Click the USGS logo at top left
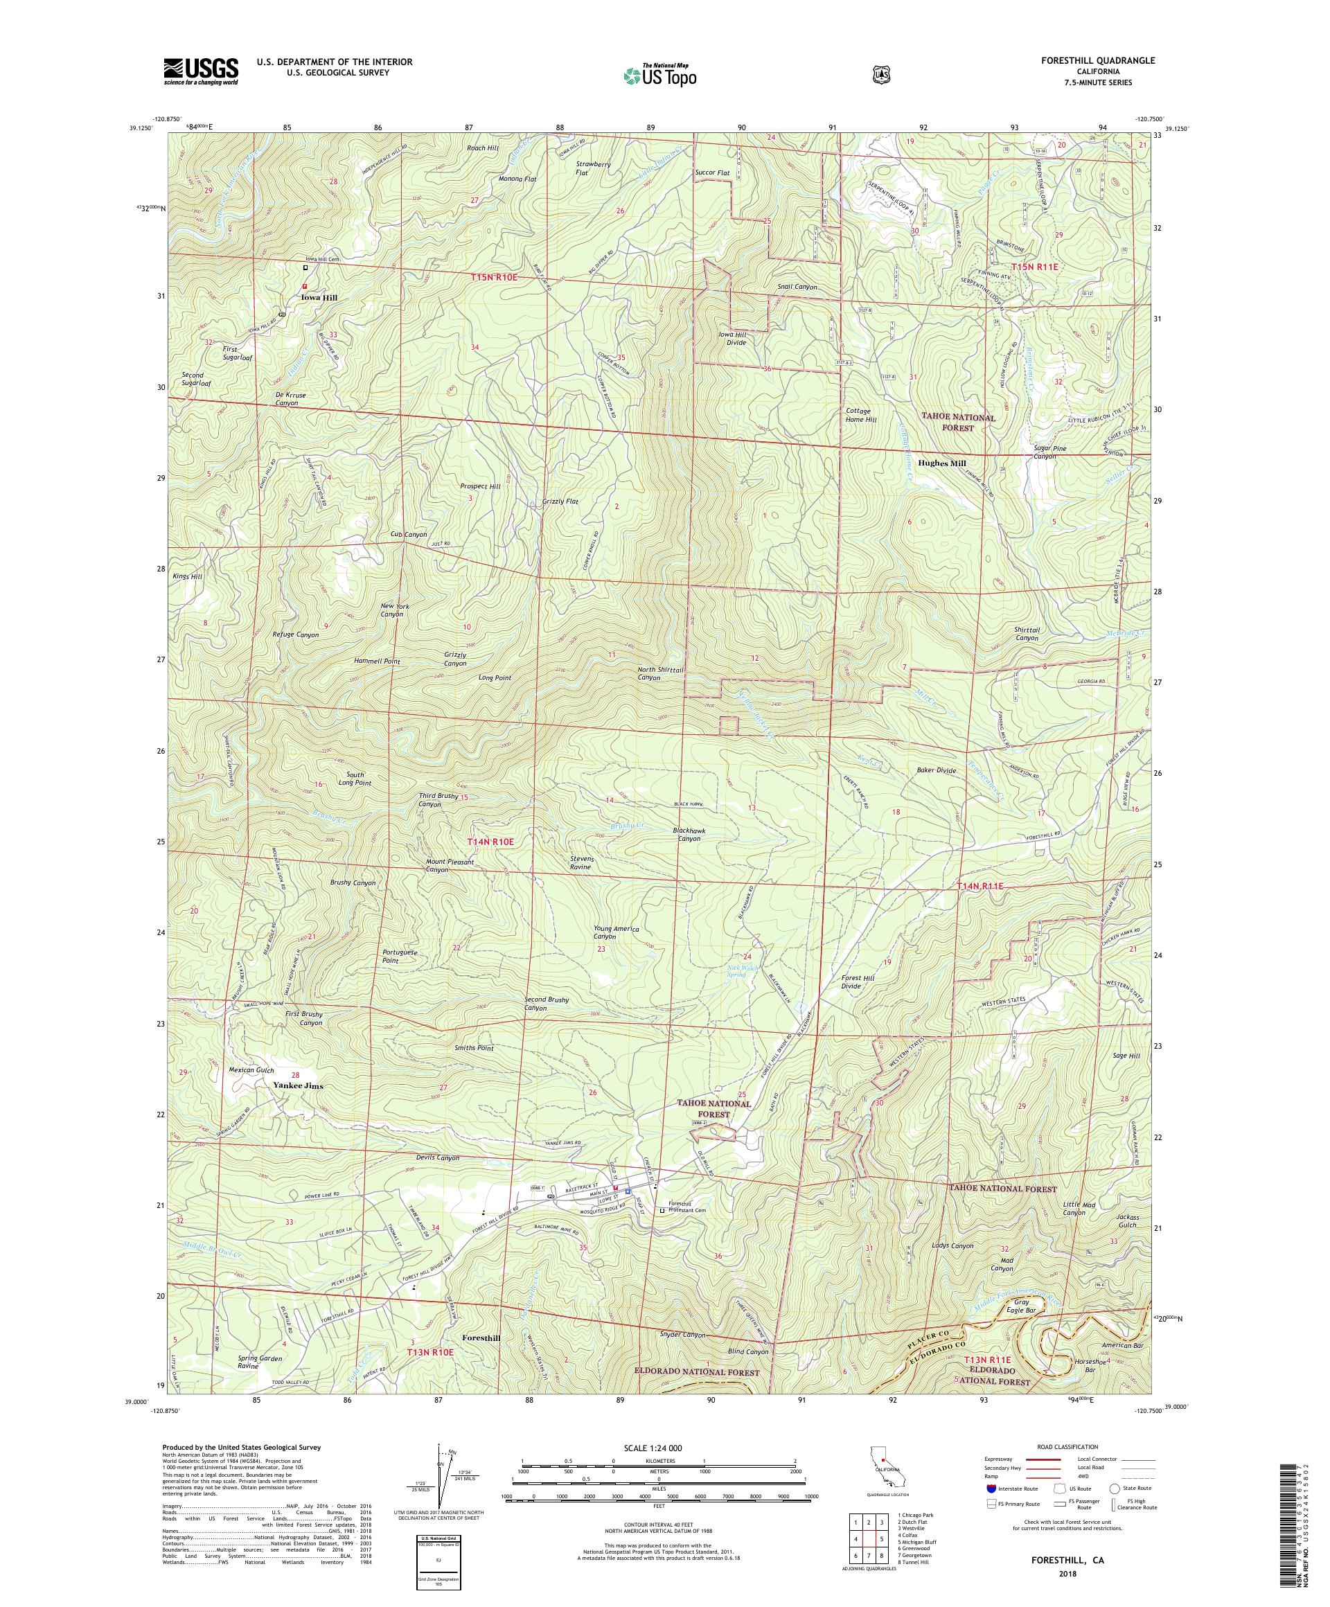199,72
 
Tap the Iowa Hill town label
319,296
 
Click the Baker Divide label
936,770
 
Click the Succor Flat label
711,173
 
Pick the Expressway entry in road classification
999,1459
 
